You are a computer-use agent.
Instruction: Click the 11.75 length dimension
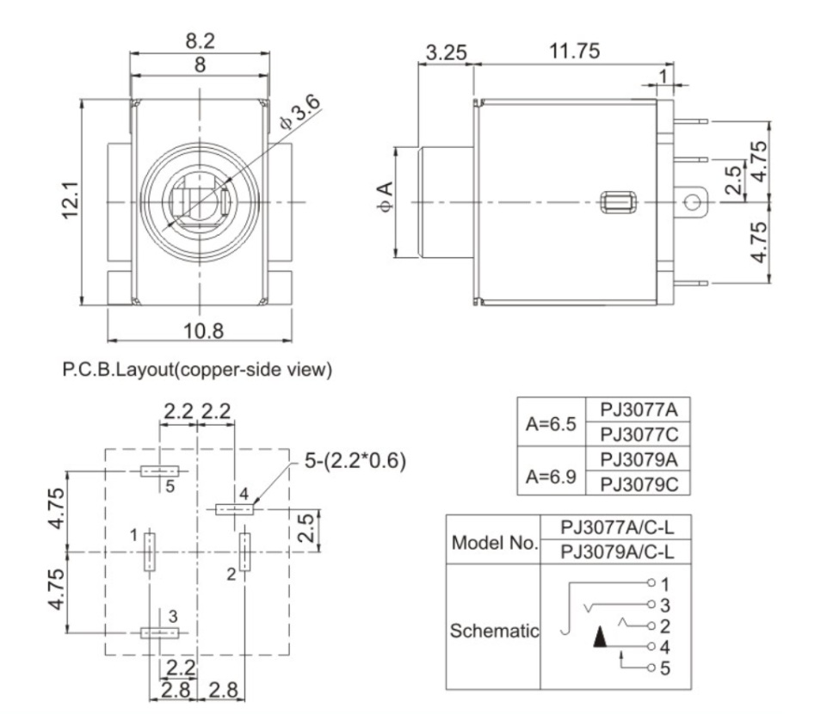pos(575,52)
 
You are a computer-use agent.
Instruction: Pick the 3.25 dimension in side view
pos(446,53)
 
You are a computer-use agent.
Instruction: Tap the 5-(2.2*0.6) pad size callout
pos(355,461)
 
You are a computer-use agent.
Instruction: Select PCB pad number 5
pos(159,471)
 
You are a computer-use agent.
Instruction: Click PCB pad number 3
pos(159,632)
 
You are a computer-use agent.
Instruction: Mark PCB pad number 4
pos(234,509)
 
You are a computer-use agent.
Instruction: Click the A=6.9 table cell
pos(552,471)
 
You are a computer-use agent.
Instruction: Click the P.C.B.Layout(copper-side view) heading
pos(197,371)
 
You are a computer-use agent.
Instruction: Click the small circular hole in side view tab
pos(692,203)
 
